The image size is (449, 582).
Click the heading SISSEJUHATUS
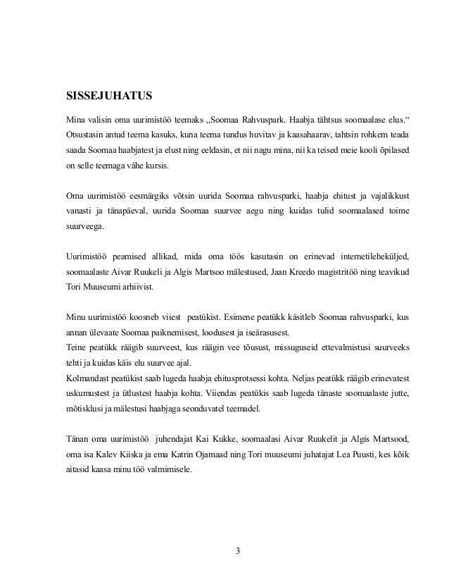pos(105,94)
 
